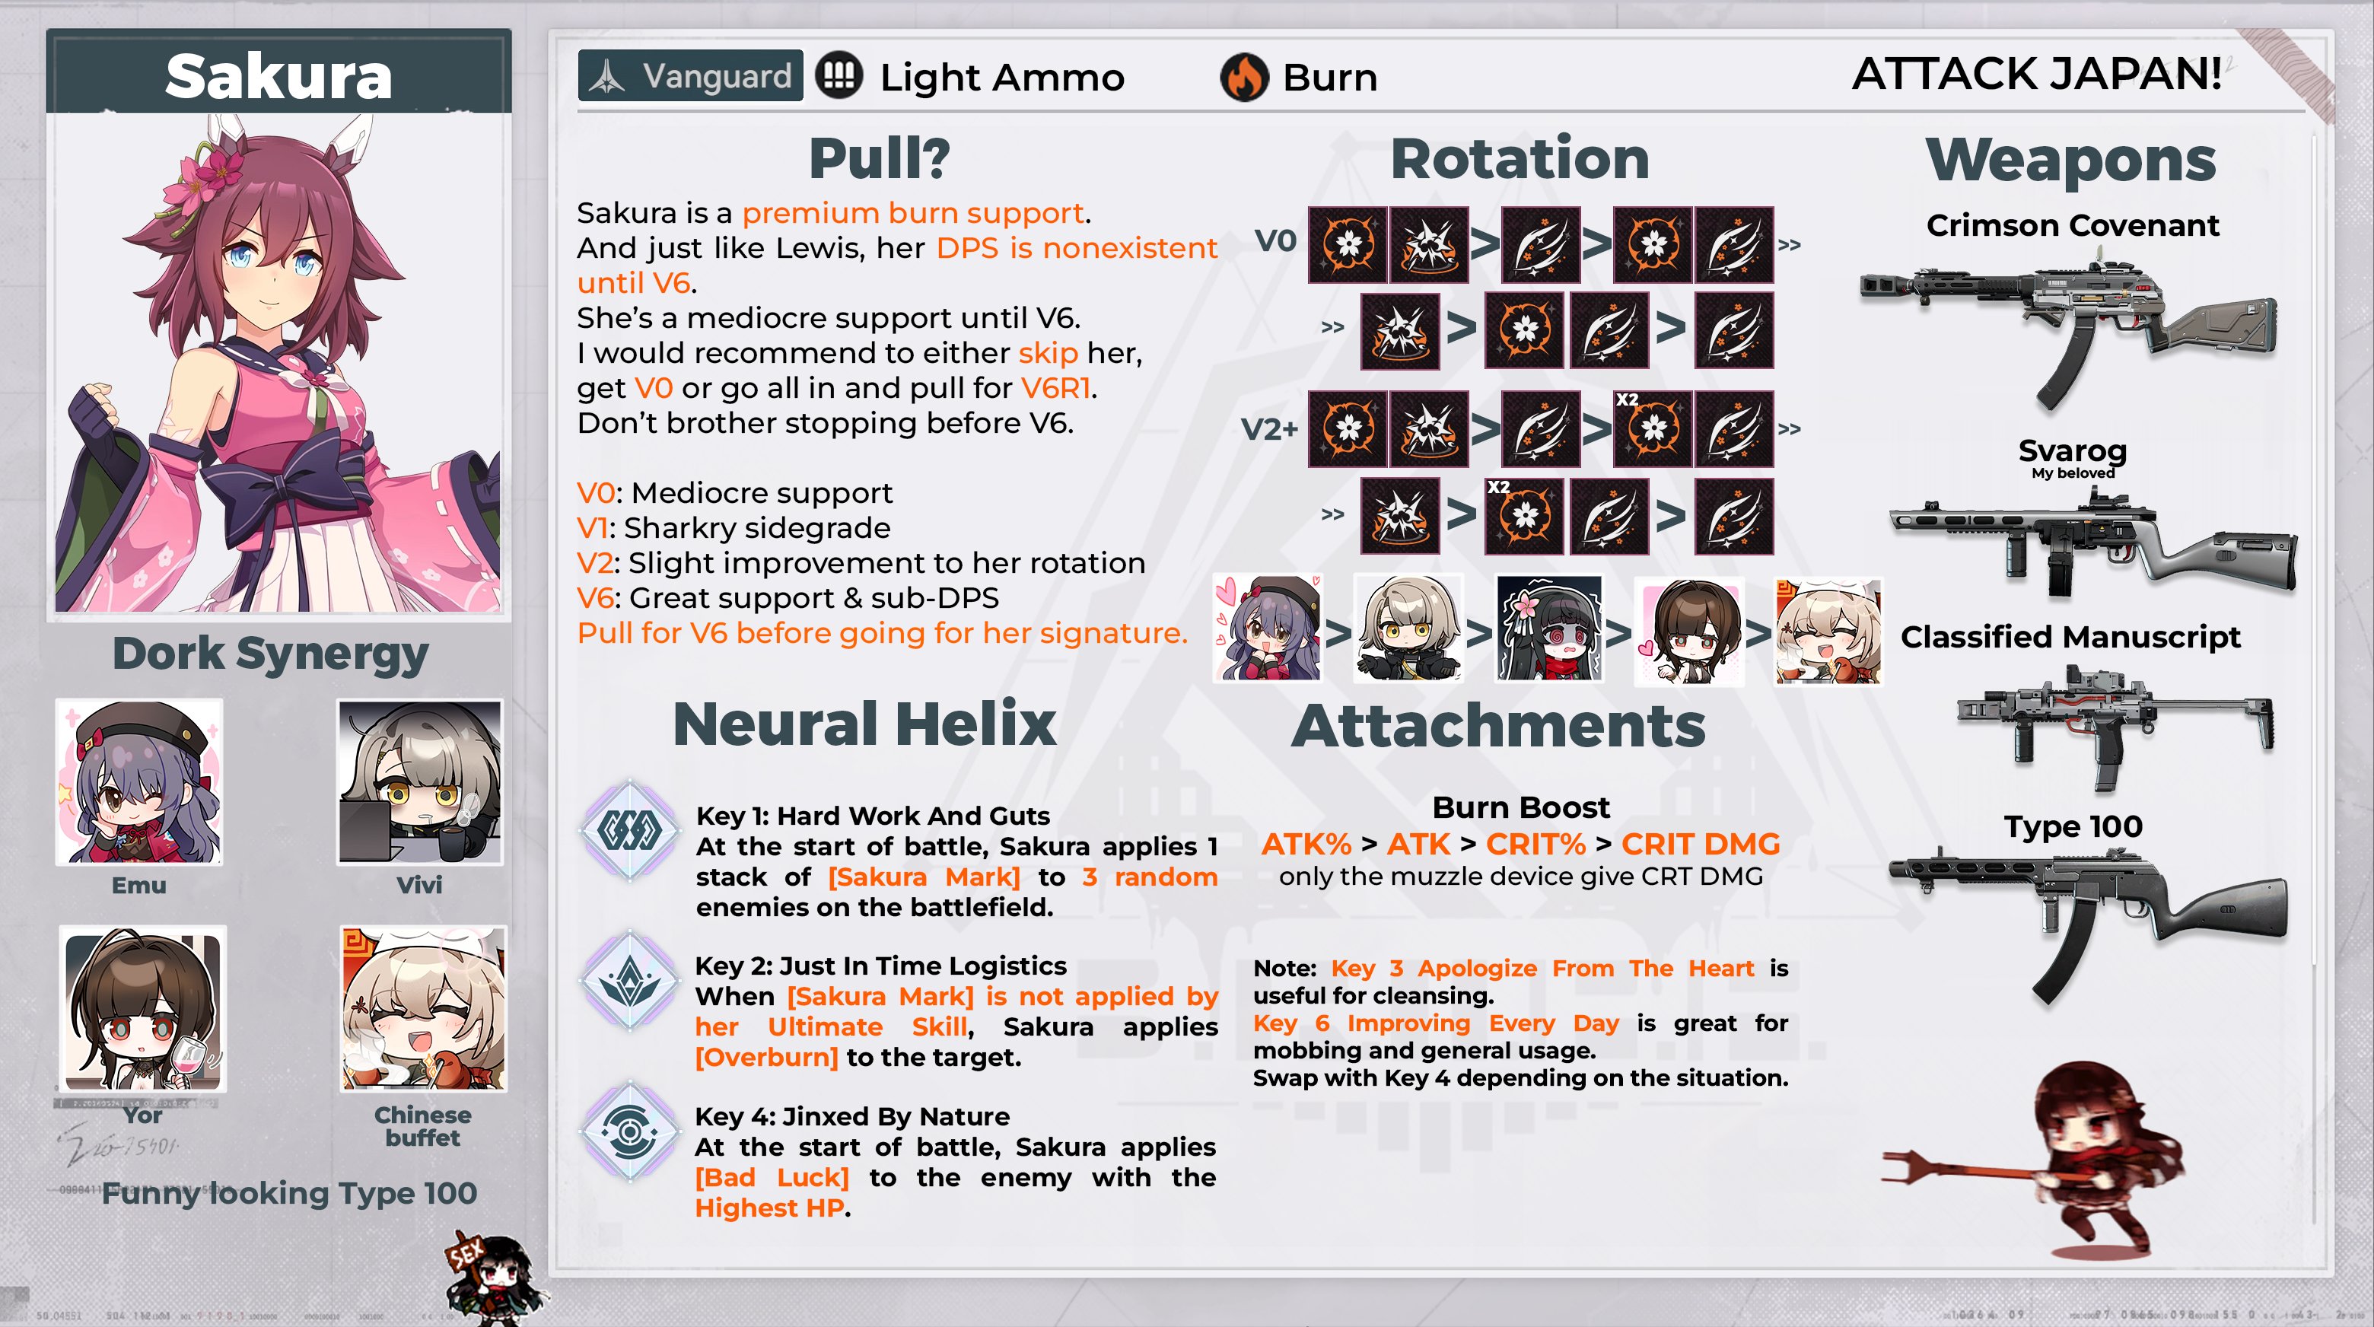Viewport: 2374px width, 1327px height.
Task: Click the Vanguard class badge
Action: (x=690, y=75)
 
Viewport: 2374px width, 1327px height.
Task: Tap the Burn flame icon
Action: (x=1244, y=78)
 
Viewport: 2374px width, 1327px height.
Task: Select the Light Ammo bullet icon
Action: (x=839, y=75)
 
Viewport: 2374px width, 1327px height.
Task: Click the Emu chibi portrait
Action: (x=139, y=782)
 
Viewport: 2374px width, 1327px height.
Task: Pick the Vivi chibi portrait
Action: (x=420, y=782)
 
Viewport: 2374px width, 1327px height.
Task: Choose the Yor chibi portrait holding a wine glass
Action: (x=143, y=1009)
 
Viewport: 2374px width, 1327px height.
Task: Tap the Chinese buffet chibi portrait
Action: (x=423, y=1009)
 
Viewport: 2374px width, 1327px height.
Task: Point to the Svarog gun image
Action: (x=2092, y=544)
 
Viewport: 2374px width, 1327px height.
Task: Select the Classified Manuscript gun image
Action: (x=2115, y=724)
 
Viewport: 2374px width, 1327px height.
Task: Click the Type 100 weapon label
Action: (x=2073, y=826)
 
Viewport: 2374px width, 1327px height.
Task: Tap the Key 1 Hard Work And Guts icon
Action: (x=629, y=829)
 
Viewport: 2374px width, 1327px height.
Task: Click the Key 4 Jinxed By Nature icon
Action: (x=629, y=1131)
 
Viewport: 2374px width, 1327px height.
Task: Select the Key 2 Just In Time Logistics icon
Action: (x=629, y=981)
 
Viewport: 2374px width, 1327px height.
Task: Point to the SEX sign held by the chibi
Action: (x=466, y=1253)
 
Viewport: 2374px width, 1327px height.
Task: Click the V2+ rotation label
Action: (x=1269, y=429)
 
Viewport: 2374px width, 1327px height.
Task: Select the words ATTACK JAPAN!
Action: (x=2037, y=74)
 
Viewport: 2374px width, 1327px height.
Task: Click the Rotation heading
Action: (x=1520, y=158)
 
